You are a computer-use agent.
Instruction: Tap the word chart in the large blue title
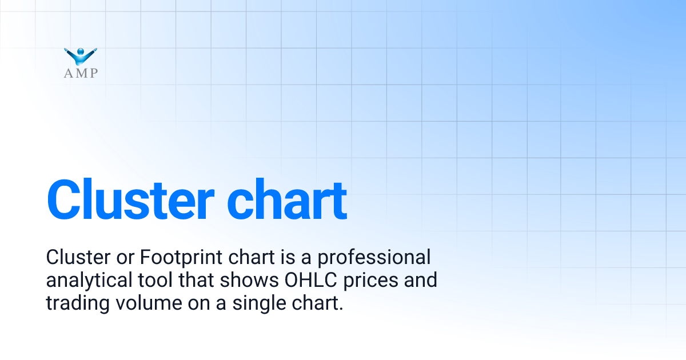[287, 199]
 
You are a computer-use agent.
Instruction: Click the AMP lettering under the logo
[81, 73]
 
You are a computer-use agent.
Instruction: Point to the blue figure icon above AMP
[81, 55]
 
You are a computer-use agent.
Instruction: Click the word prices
[386, 281]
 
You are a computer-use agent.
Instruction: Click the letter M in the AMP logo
[81, 73]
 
